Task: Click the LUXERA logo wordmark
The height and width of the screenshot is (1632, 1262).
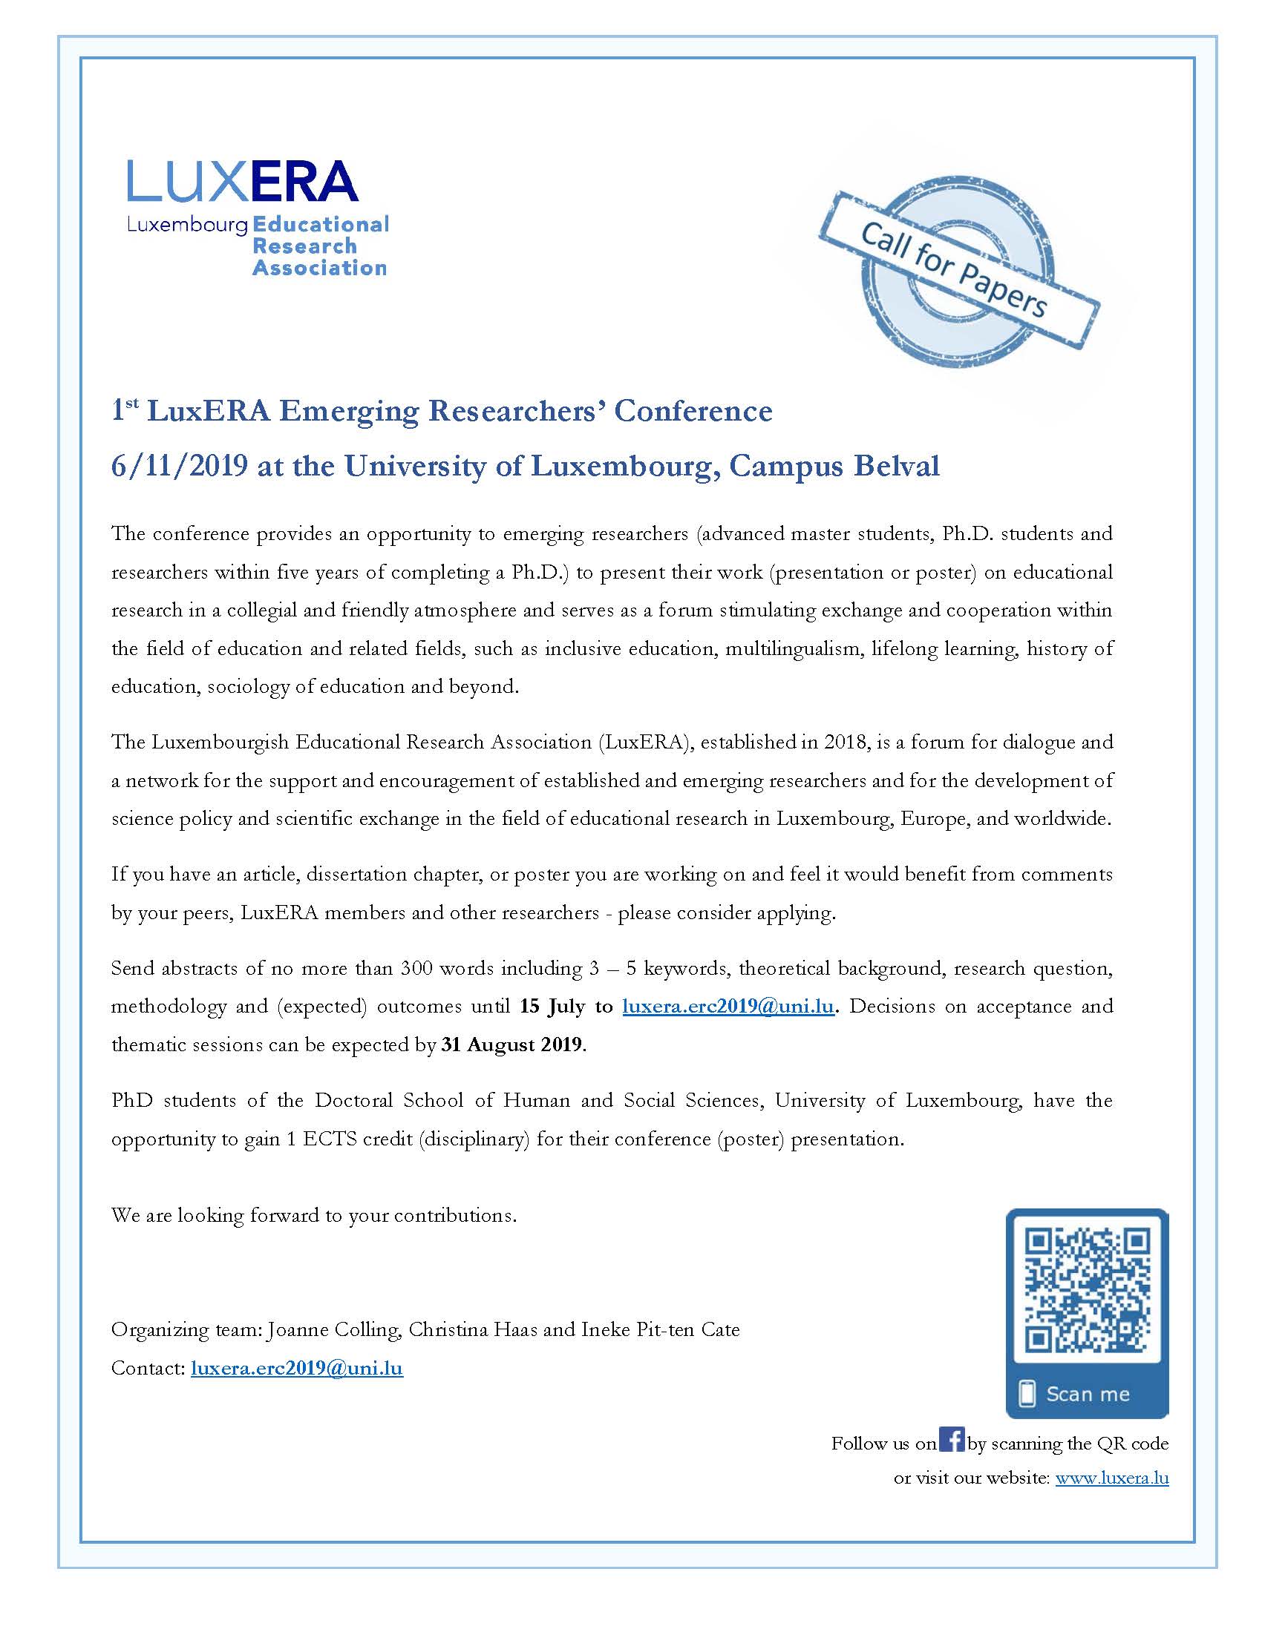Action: coord(242,181)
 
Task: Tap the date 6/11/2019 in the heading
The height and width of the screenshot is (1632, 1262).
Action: coord(180,466)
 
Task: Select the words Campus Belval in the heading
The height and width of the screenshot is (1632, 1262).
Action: coord(834,466)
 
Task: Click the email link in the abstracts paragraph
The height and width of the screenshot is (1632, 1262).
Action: coord(728,1007)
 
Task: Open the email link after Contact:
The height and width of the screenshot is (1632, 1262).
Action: coord(297,1368)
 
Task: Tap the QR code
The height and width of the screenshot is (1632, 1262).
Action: coord(1087,1289)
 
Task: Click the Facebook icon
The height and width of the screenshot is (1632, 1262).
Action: coord(951,1438)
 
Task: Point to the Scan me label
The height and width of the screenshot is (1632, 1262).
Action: coord(1087,1394)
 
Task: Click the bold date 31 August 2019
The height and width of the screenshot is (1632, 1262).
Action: coord(511,1044)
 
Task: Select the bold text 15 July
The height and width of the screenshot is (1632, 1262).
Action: coord(552,1007)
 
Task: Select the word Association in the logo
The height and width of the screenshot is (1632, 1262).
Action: coord(319,268)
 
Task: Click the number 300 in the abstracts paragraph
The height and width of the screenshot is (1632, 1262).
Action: coord(416,968)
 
